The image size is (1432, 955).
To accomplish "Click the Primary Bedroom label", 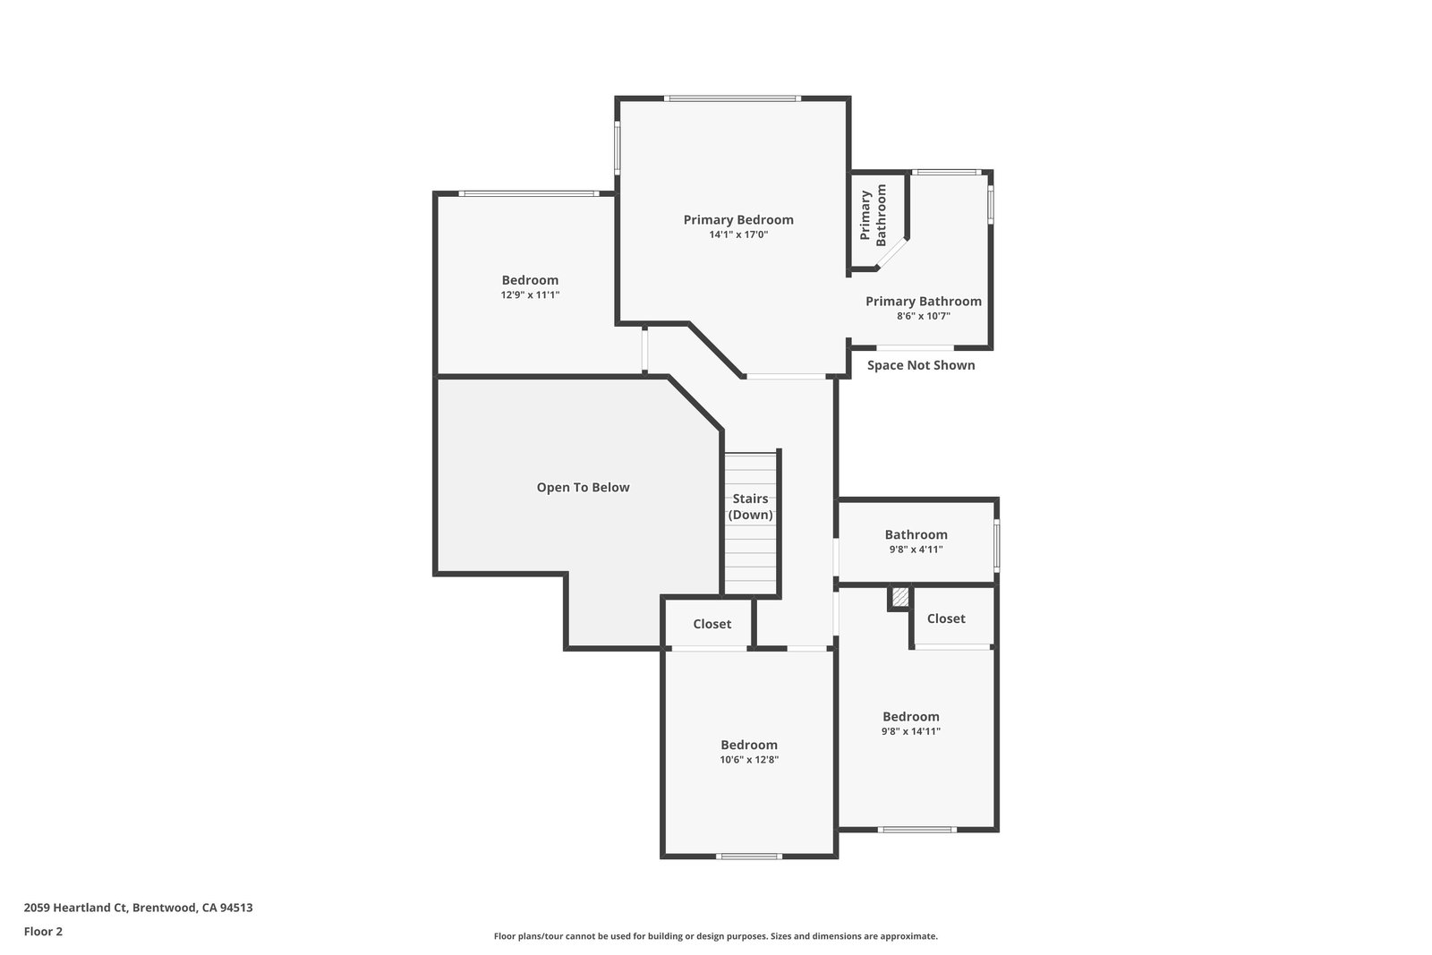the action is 738,220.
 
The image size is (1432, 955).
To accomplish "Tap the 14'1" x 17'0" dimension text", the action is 738,234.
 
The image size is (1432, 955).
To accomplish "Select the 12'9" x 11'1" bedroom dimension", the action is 530,294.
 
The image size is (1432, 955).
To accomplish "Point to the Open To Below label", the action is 583,487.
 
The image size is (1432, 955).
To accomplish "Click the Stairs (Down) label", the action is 751,507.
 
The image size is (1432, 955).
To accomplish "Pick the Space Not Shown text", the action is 921,365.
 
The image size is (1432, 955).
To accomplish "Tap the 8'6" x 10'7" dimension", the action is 924,316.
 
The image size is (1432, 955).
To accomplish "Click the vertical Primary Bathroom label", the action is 874,216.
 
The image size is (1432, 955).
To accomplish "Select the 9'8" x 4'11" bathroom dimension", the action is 916,549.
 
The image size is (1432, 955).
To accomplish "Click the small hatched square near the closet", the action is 900,597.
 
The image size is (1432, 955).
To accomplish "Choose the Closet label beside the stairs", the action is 712,624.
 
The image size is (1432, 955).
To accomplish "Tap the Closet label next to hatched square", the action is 946,618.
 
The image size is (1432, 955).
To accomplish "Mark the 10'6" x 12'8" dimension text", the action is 749,759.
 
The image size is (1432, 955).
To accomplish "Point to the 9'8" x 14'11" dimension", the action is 911,731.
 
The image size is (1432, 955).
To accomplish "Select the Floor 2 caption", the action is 44,932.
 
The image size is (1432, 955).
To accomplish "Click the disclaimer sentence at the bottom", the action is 716,936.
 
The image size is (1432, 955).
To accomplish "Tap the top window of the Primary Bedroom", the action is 733,98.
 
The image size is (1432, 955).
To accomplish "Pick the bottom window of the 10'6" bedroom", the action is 749,856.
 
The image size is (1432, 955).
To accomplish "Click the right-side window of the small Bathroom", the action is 997,545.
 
